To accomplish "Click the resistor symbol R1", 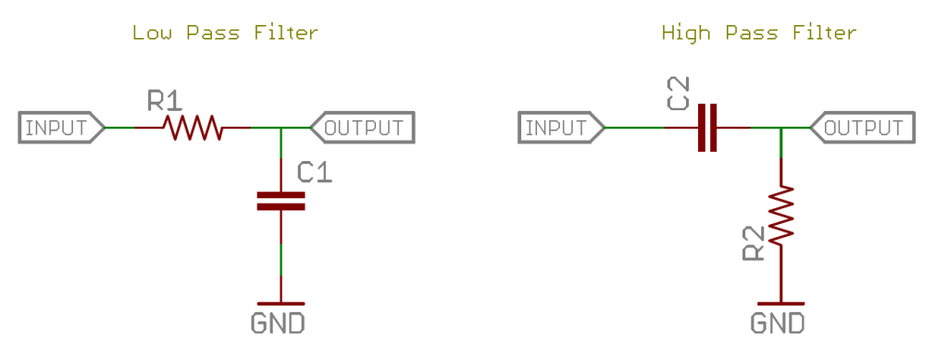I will (x=193, y=128).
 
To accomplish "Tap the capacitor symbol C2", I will (x=707, y=128).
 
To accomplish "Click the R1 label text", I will (x=168, y=100).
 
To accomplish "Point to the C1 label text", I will (x=315, y=172).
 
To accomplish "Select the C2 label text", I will (x=679, y=95).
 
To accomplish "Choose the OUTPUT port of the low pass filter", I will (x=362, y=128).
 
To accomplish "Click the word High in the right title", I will (x=683, y=33).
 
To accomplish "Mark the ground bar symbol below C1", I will (x=281, y=303).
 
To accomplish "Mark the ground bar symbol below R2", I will (x=782, y=303).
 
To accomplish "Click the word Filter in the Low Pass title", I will (x=285, y=33).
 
